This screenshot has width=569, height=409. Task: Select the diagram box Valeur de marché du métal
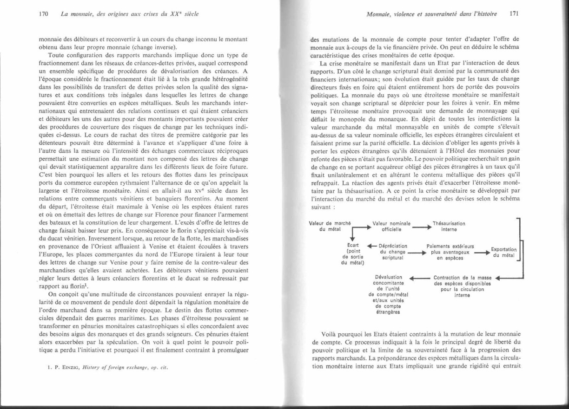[329, 226]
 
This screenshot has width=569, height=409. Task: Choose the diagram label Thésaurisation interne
[449, 226]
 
